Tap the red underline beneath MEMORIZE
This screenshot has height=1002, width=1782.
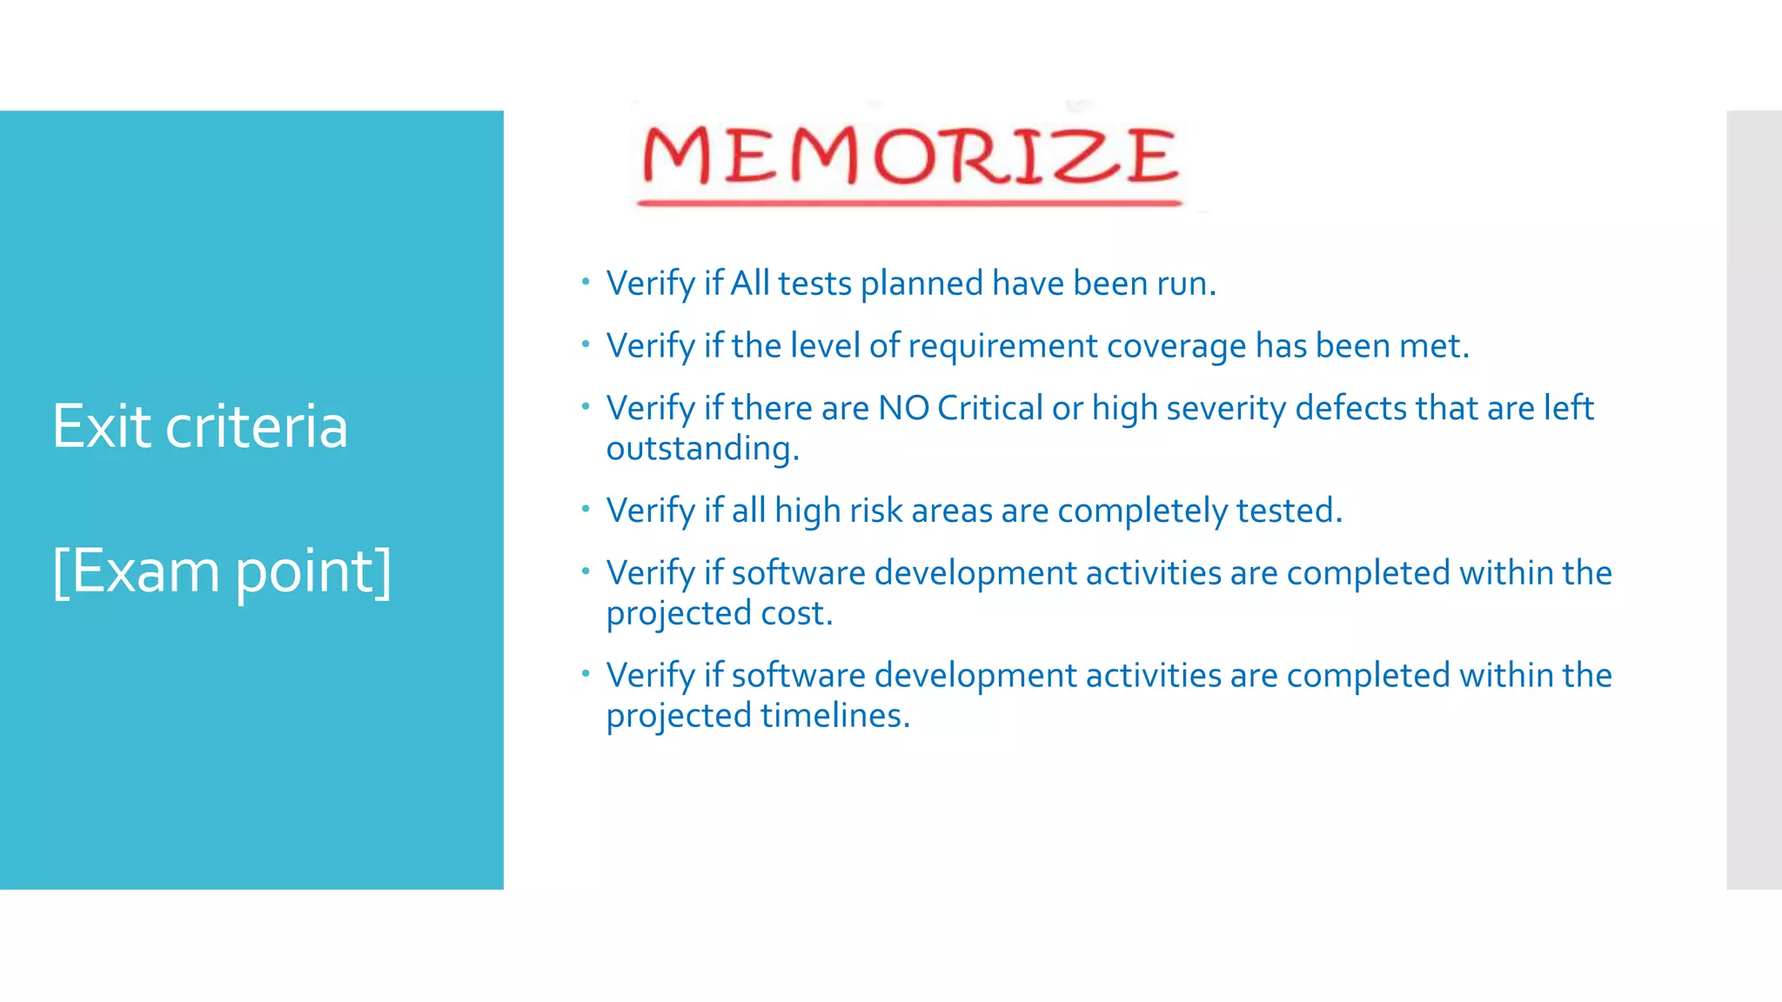coord(909,204)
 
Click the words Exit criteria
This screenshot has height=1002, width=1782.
coord(200,426)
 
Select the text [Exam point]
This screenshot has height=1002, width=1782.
coord(222,571)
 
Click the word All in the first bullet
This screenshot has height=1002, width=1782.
coord(749,284)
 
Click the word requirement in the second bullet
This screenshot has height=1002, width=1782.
coord(1003,346)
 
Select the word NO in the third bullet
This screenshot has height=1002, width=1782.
coord(903,408)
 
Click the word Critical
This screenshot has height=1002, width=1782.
coord(989,408)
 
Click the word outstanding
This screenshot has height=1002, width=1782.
coord(701,449)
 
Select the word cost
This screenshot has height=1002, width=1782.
coord(795,613)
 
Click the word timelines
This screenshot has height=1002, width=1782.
coord(834,716)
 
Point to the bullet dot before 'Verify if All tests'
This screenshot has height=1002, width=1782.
coord(586,282)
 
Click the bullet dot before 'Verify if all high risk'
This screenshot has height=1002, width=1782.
coord(586,509)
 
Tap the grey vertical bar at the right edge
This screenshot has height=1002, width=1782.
coord(1753,499)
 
